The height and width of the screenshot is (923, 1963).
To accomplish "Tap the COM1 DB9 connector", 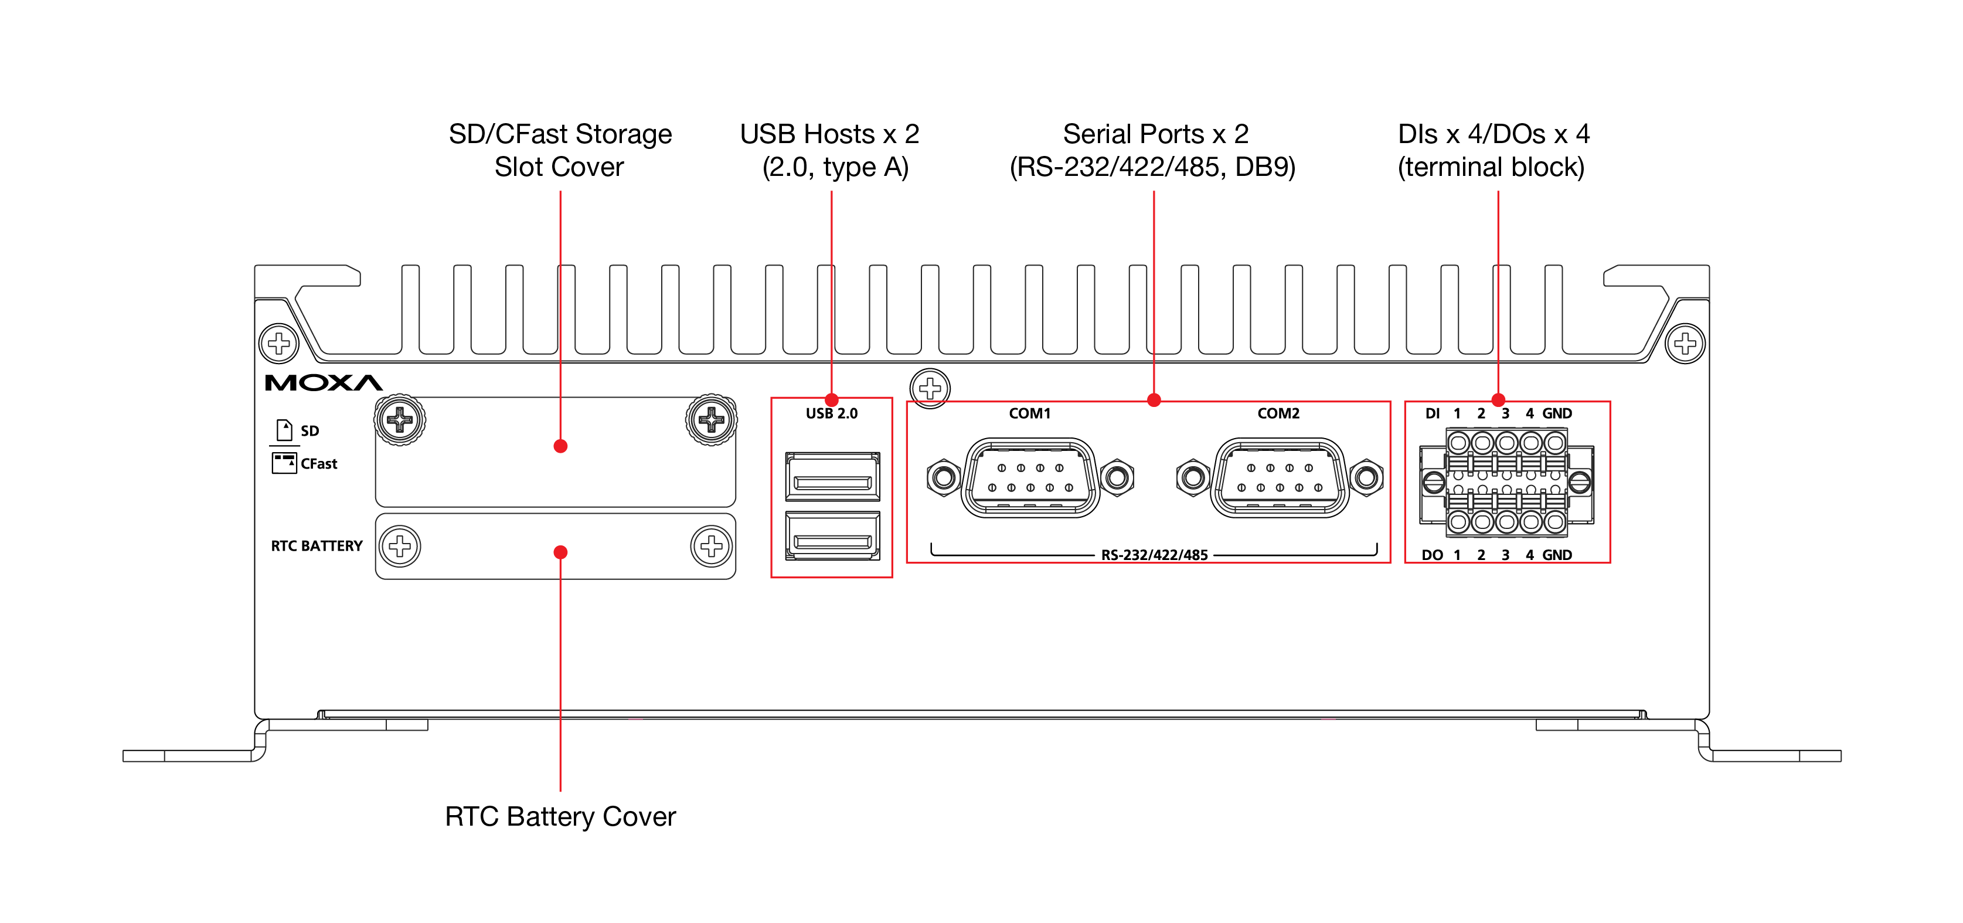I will coord(1030,478).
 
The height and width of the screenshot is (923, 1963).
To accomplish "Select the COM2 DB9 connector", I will coord(1280,478).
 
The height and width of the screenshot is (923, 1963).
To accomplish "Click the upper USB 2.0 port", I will coord(832,477).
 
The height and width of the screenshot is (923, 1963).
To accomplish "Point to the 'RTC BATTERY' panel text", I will coord(317,547).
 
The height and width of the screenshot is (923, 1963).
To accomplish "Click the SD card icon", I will coord(284,430).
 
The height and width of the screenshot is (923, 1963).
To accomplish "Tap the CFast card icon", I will coord(284,463).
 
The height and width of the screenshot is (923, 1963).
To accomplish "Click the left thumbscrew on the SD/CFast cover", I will coord(399,419).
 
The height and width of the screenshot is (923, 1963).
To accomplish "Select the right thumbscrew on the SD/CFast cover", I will coord(711,419).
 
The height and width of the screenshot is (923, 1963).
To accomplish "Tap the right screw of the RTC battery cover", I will coord(711,547).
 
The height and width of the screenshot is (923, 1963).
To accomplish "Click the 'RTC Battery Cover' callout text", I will coord(560,817).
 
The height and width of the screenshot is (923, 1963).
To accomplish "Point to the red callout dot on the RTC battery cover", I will coord(560,552).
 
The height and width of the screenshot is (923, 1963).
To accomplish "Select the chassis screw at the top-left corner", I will coord(279,343).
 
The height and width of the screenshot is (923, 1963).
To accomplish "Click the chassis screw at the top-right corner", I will coord(1685,343).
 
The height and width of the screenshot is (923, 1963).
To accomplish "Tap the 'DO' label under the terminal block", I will coord(1432,555).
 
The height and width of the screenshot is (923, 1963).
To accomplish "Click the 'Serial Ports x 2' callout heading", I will coord(1155,134).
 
